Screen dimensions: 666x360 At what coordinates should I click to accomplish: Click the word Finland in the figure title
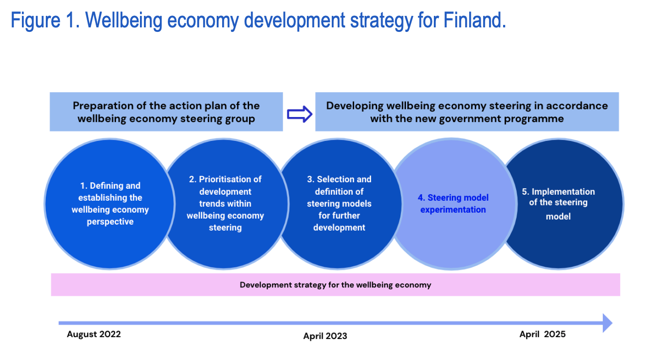(475, 20)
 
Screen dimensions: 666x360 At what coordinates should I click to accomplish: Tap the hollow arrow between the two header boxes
(299, 114)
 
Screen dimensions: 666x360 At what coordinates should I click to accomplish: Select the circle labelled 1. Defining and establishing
(110, 204)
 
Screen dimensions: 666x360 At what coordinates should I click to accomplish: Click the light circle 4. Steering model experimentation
(452, 204)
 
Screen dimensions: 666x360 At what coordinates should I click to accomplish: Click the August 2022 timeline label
(94, 334)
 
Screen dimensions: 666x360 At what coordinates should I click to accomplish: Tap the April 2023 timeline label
(325, 336)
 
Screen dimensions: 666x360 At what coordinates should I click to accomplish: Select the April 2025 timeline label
(542, 334)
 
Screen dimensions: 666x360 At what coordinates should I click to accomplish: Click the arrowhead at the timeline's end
(608, 323)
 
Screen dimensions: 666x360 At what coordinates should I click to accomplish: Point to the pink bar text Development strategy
(335, 285)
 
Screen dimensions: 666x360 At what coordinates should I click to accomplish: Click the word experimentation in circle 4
(453, 210)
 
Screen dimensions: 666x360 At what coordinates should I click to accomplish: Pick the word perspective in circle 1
(110, 222)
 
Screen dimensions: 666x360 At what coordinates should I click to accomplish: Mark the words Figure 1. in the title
(45, 20)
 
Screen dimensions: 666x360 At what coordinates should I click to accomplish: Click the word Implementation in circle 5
(563, 192)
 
